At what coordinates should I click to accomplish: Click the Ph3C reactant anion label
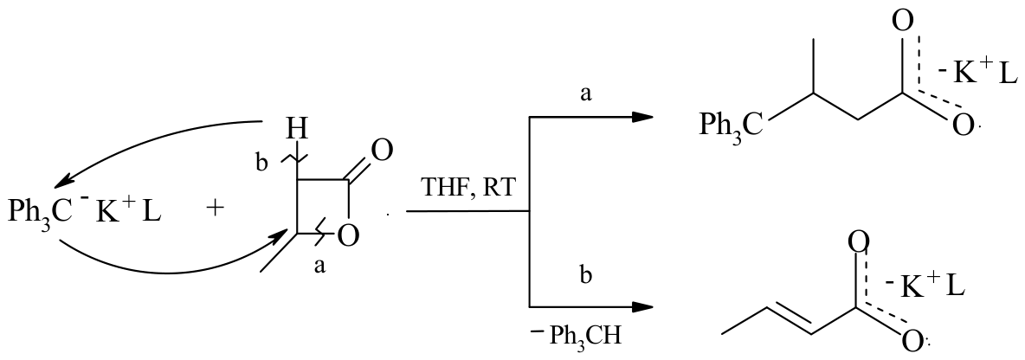point(36,212)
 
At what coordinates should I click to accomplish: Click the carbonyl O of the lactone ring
point(382,151)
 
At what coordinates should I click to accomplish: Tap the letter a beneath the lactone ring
point(319,268)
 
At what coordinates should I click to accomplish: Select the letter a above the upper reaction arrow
point(586,94)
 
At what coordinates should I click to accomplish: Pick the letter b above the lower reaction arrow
point(586,275)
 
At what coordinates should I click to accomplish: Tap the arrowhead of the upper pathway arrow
point(642,116)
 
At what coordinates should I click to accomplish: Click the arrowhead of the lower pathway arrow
point(642,306)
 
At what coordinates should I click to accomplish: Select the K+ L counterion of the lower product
point(924,285)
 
